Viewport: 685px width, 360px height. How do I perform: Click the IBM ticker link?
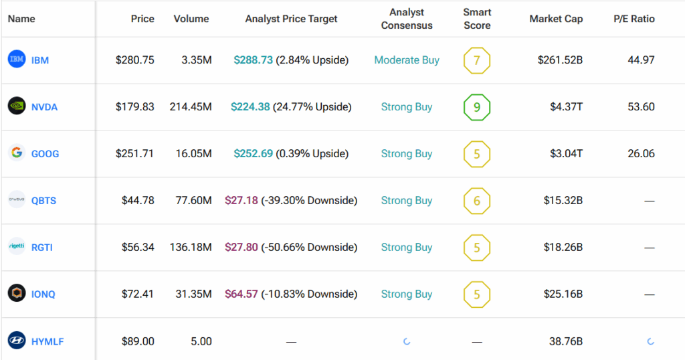point(40,60)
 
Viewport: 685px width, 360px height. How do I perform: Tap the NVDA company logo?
point(17,106)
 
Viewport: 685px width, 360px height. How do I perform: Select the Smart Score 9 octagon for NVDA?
point(477,107)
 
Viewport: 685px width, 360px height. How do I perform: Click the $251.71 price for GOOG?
point(135,154)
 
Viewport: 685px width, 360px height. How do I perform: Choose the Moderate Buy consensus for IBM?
point(407,60)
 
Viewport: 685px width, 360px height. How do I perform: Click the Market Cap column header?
point(556,19)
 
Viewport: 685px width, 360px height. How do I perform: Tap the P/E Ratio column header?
point(634,19)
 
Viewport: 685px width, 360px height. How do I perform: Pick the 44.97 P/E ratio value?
point(641,60)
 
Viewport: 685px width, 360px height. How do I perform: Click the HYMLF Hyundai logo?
point(17,341)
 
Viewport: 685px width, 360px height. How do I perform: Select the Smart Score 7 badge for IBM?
point(477,60)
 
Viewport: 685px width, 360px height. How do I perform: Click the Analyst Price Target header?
point(292,19)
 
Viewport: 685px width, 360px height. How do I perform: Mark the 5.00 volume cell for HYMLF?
point(201,341)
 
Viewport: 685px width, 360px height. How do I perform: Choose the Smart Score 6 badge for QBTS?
point(477,201)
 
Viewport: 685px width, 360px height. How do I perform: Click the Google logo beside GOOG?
point(17,153)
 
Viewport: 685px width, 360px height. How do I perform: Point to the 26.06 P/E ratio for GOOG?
point(641,154)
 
